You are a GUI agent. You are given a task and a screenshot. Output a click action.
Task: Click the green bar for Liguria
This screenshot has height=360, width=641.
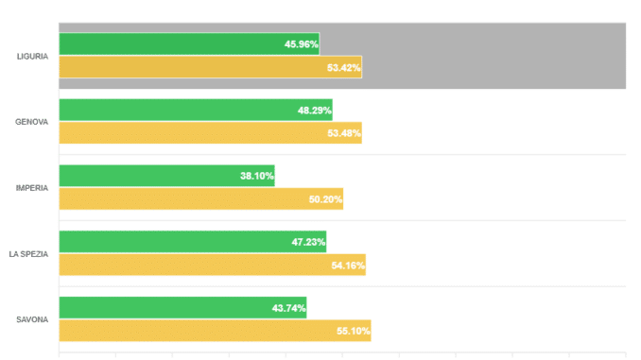click(x=189, y=43)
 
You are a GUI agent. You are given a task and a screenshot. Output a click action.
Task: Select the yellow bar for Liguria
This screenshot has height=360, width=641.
click(x=211, y=67)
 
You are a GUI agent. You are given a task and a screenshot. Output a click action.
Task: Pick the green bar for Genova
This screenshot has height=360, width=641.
click(x=196, y=110)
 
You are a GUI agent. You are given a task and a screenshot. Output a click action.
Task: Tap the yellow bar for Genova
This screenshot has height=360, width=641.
click(x=211, y=133)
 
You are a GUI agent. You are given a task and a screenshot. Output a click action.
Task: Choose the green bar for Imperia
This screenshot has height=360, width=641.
click(x=166, y=176)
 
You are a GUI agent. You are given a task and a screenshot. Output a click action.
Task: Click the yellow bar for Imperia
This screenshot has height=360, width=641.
click(x=201, y=199)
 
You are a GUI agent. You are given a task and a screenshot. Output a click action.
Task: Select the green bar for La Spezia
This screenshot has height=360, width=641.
click(x=193, y=242)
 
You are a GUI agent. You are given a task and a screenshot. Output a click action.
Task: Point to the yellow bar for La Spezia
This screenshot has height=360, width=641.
click(x=213, y=265)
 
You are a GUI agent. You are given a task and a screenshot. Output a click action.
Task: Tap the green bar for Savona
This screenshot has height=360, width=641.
click(x=182, y=308)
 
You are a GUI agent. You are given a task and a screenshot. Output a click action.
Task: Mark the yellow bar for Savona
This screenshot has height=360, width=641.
click(x=215, y=331)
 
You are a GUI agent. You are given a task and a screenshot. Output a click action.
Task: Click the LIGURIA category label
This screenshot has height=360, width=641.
click(x=32, y=57)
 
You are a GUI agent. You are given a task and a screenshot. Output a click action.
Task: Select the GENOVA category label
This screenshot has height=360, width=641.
click(x=31, y=122)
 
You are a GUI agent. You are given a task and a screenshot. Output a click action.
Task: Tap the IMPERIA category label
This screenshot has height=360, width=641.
click(x=32, y=188)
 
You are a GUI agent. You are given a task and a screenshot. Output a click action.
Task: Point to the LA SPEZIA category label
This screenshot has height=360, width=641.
click(x=28, y=254)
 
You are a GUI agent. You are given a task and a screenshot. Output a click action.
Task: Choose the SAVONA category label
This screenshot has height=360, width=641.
click(x=32, y=319)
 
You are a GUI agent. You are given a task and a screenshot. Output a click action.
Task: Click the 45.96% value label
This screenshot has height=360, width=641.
click(x=302, y=44)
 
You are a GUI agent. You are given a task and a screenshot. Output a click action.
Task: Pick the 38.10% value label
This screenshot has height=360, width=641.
click(x=257, y=176)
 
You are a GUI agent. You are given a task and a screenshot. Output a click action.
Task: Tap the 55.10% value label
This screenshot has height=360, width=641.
click(x=354, y=331)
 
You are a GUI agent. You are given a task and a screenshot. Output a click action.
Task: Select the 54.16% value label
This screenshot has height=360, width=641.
click(x=348, y=266)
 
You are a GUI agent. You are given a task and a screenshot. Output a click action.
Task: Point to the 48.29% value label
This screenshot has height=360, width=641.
click(x=315, y=111)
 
